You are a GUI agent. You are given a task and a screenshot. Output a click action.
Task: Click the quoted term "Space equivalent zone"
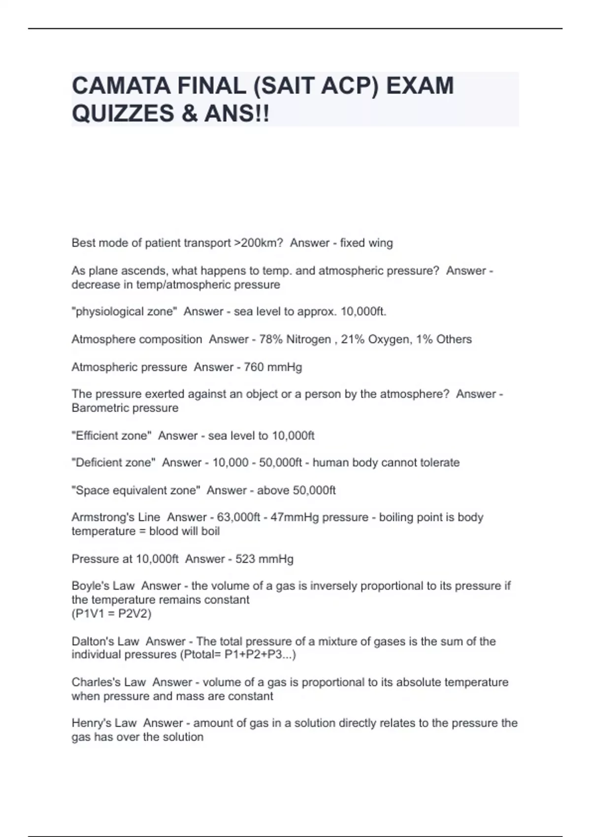tap(136, 490)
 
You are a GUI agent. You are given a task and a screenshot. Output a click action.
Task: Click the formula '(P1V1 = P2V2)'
tap(112, 613)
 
